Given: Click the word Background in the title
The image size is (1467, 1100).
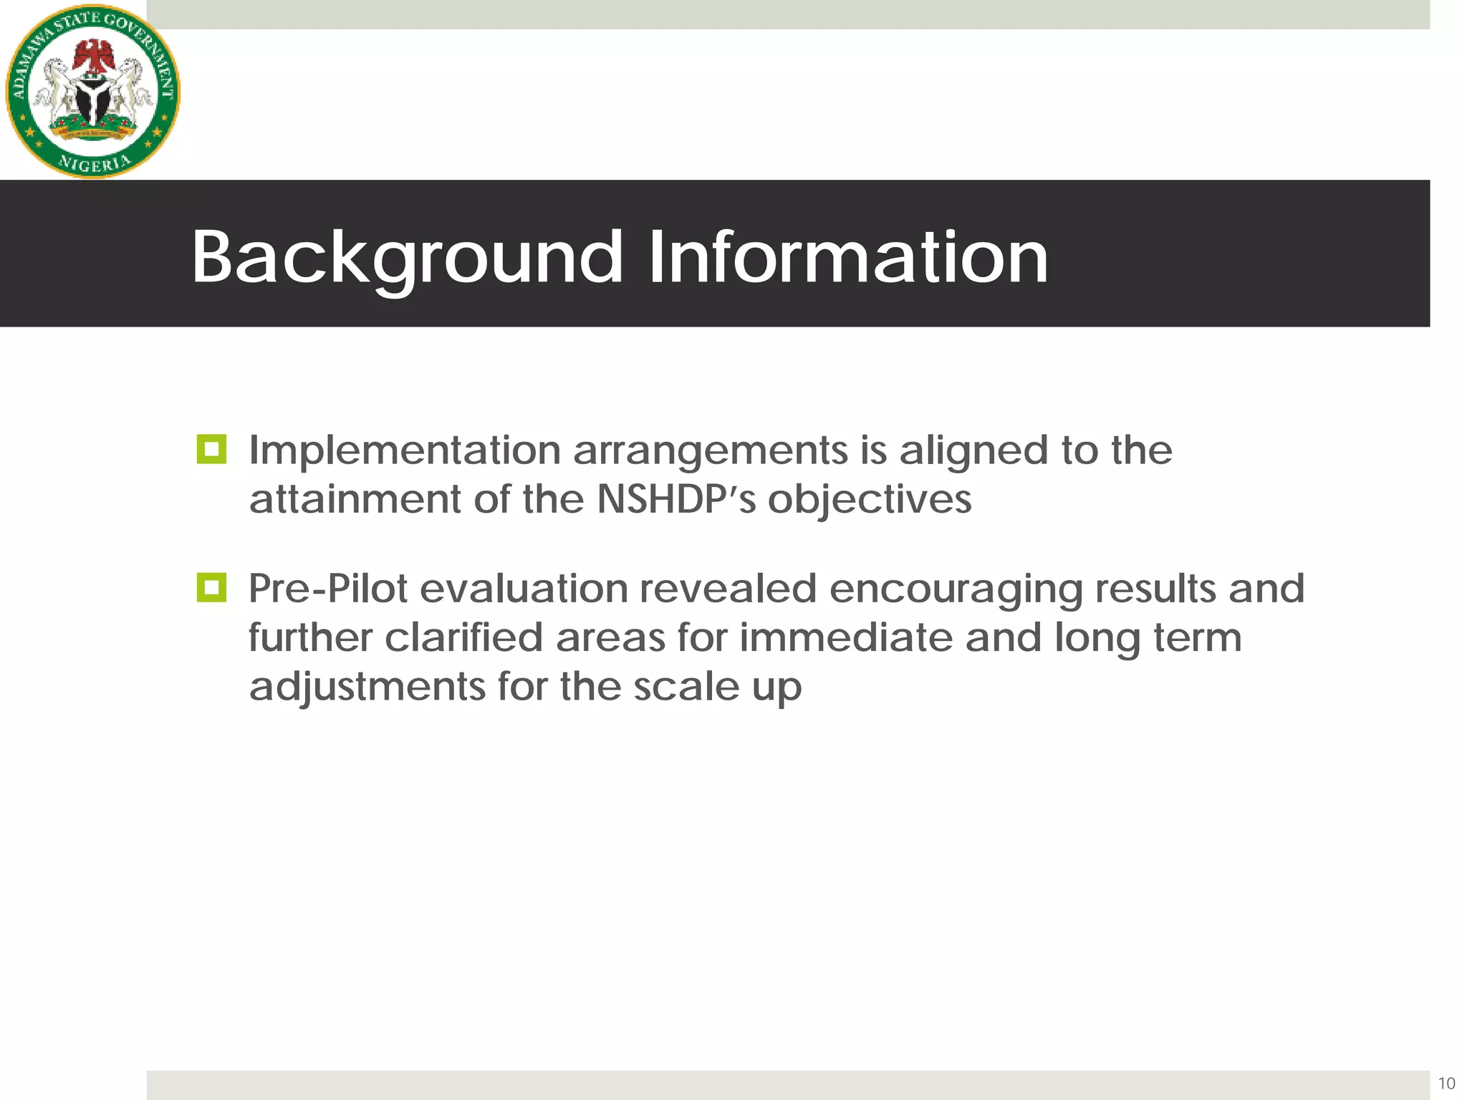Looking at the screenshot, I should point(406,258).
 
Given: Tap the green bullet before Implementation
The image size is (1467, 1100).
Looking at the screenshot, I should point(211,449).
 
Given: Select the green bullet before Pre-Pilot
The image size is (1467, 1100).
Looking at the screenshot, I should point(211,588).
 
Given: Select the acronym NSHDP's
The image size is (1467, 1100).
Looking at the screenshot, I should point(676,499).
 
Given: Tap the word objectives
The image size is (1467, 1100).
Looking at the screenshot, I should point(870,500).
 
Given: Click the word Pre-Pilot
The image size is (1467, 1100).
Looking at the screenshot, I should point(328,589).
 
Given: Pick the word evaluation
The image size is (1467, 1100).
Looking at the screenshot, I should point(524,589).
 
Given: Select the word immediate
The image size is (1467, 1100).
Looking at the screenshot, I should point(846,637).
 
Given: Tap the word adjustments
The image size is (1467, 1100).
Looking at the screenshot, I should point(367,687).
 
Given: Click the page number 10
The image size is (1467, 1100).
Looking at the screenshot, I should point(1446,1083).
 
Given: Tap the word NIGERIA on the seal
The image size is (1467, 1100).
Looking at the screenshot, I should point(95,163).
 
